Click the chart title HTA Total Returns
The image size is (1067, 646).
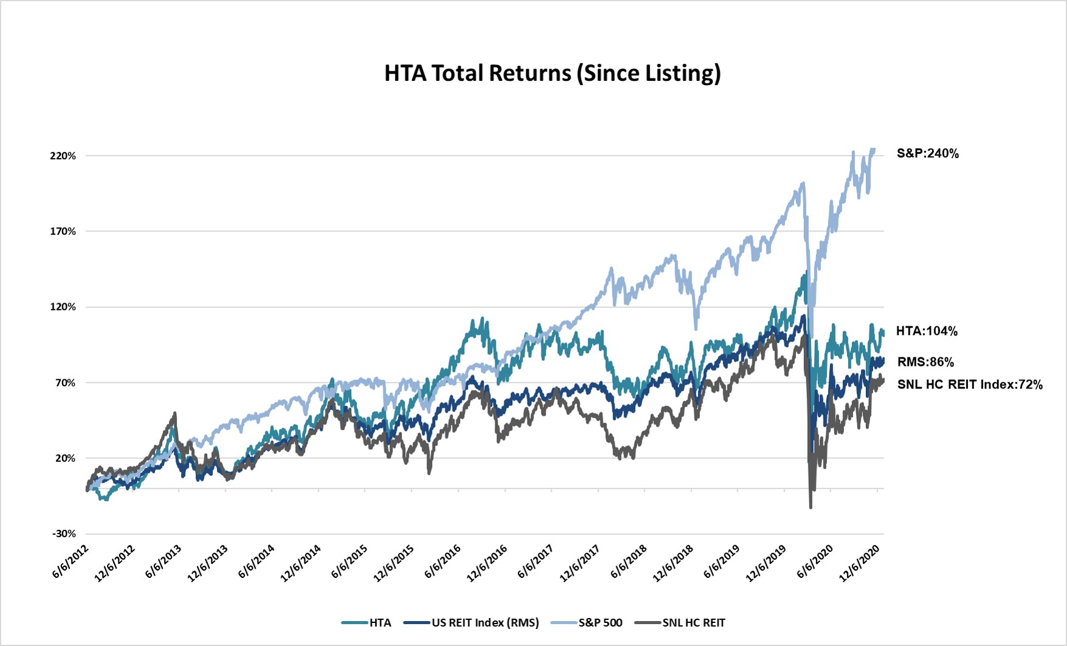click(552, 73)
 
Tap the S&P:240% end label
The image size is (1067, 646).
click(927, 154)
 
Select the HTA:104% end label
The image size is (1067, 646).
click(927, 331)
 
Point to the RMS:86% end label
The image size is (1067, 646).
click(925, 362)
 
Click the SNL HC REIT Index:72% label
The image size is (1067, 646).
click(969, 385)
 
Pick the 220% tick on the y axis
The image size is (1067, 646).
click(63, 156)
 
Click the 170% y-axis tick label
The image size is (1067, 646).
click(63, 232)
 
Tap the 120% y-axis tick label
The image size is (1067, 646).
click(63, 307)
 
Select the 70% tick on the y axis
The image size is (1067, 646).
click(65, 383)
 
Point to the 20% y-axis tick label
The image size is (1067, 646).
click(65, 458)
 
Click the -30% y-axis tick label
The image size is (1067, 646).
click(64, 534)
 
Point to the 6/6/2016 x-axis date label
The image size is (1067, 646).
click(443, 562)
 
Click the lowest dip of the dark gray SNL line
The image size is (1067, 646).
click(811, 507)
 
